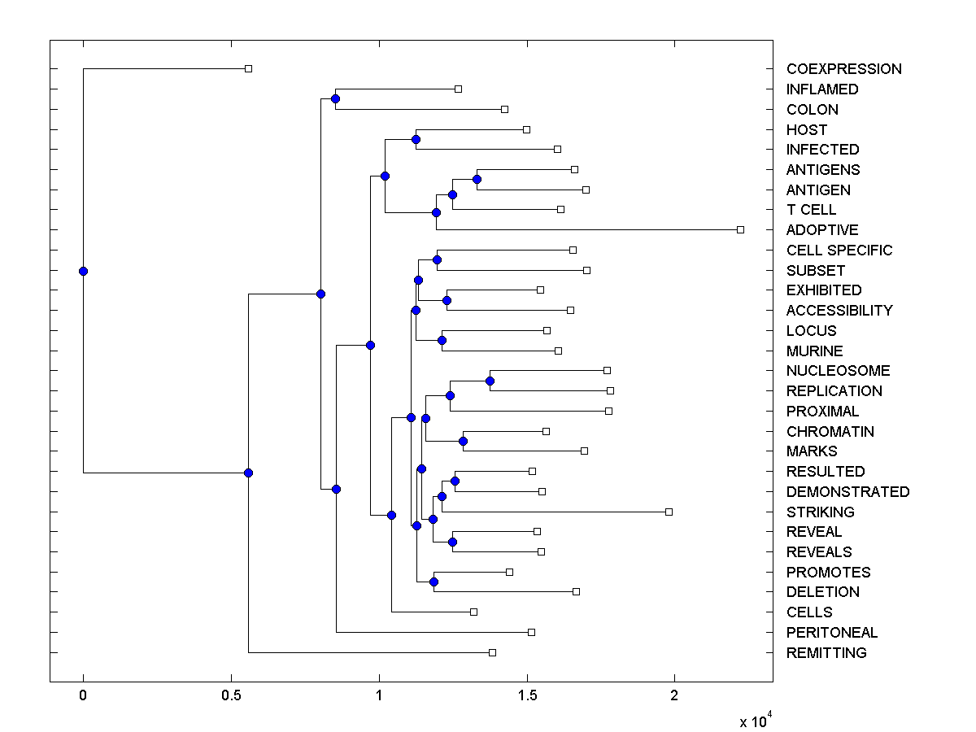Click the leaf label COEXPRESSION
coord(843,69)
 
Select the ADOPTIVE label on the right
coord(822,230)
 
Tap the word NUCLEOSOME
coord(838,371)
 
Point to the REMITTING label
coord(826,653)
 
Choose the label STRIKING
coord(820,512)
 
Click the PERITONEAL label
coord(832,633)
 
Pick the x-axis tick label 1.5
coord(527,696)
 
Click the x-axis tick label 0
coord(83,696)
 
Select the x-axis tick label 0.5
coord(231,696)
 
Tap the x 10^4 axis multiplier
coord(755,721)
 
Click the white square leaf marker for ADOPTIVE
coord(740,229)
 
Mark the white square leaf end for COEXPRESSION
coord(249,68)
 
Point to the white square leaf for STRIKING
coord(669,512)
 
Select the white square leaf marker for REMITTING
coord(492,652)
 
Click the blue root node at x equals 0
coord(83,271)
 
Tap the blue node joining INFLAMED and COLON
coord(335,98)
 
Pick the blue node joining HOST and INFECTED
coord(416,139)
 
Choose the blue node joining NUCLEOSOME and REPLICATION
coord(490,381)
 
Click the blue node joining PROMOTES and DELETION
coord(434,582)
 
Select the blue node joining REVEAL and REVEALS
coord(452,542)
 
